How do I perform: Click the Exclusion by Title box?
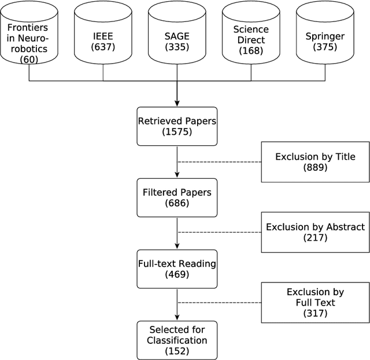(x=315, y=161)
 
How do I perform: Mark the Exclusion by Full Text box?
(x=315, y=303)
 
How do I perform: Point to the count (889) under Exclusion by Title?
(x=315, y=167)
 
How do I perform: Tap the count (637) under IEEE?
(x=103, y=46)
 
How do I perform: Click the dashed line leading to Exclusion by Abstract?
(x=220, y=233)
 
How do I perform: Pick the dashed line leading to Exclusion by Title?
(x=220, y=161)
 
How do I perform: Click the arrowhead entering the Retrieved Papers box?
(x=177, y=103)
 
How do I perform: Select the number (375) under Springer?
(x=325, y=47)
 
